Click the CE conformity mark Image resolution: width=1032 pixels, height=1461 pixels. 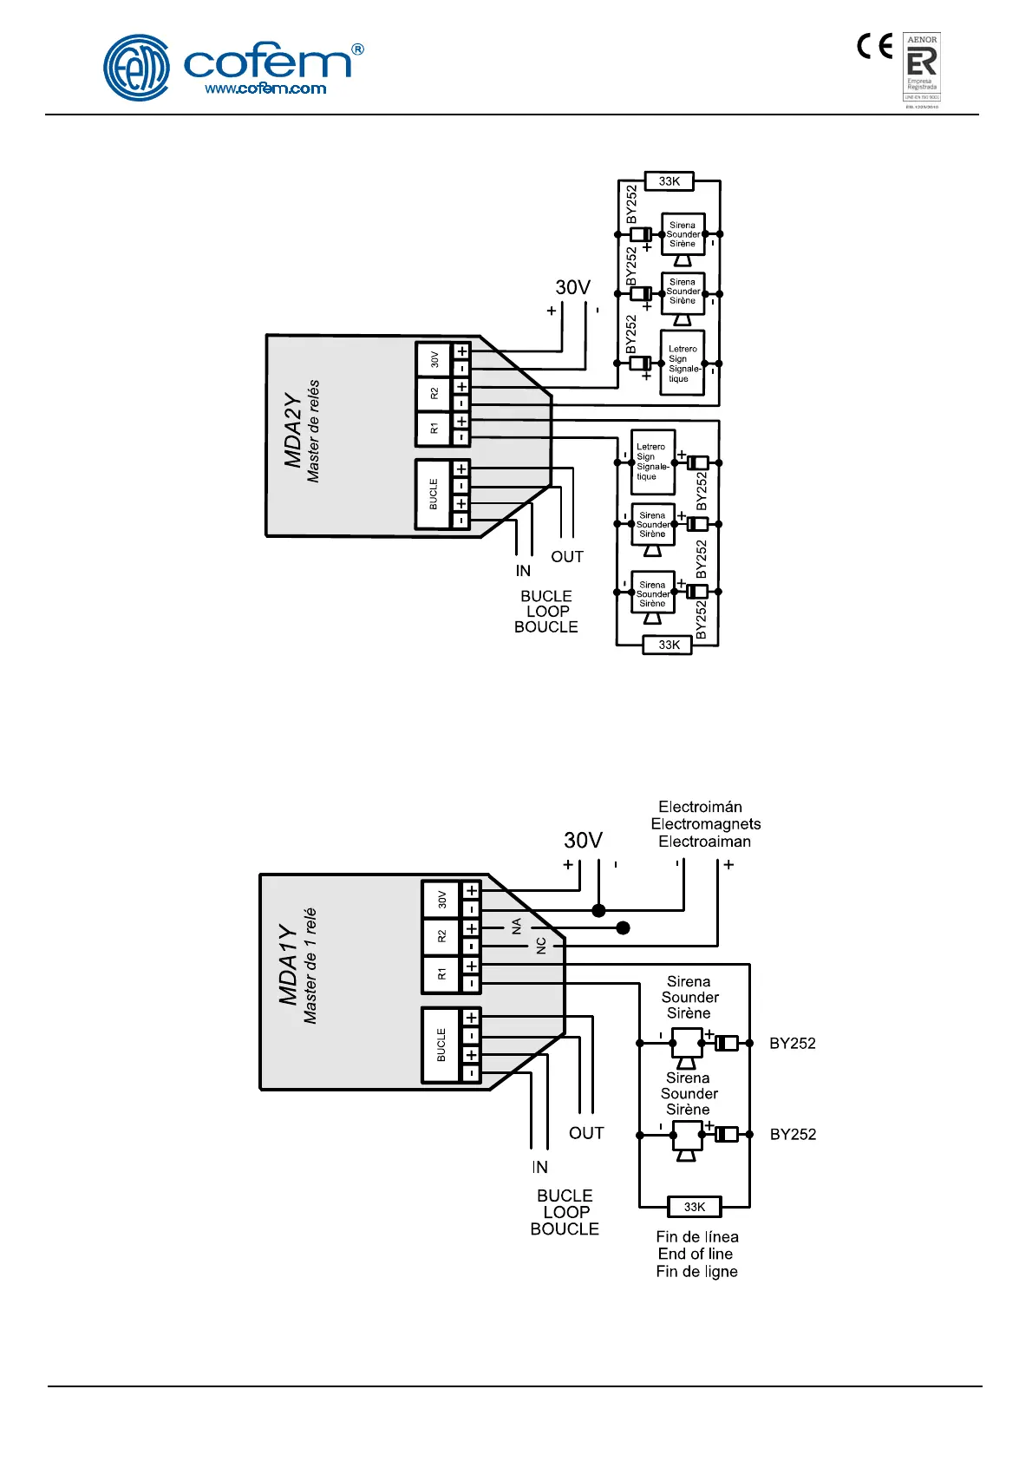click(874, 46)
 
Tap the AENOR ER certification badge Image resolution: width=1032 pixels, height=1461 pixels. click(921, 68)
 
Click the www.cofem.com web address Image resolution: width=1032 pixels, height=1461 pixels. click(265, 88)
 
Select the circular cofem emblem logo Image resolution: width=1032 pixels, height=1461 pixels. click(136, 68)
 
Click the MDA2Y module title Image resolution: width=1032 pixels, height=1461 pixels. click(293, 430)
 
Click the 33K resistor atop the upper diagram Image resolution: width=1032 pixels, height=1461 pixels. click(669, 181)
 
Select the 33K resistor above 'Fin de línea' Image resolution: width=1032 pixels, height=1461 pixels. click(695, 1207)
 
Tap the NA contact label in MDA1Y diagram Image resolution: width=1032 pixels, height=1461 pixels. click(517, 927)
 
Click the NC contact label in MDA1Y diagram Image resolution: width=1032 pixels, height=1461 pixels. click(541, 945)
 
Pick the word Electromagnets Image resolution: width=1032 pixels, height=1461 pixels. click(706, 824)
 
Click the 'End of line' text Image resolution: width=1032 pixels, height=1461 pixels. click(696, 1254)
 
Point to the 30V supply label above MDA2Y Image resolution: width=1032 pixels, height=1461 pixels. click(572, 288)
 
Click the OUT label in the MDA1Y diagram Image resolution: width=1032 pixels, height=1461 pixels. click(586, 1133)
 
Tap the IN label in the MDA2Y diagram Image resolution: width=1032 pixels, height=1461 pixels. click(523, 571)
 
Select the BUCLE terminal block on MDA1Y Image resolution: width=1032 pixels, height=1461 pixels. click(441, 1045)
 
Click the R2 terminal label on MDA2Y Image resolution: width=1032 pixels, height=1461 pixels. click(434, 394)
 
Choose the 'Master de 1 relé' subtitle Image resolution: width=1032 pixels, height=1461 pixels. click(310, 966)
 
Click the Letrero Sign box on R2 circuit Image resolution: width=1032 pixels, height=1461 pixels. click(682, 364)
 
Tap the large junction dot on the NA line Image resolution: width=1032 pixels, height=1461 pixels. click(623, 927)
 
